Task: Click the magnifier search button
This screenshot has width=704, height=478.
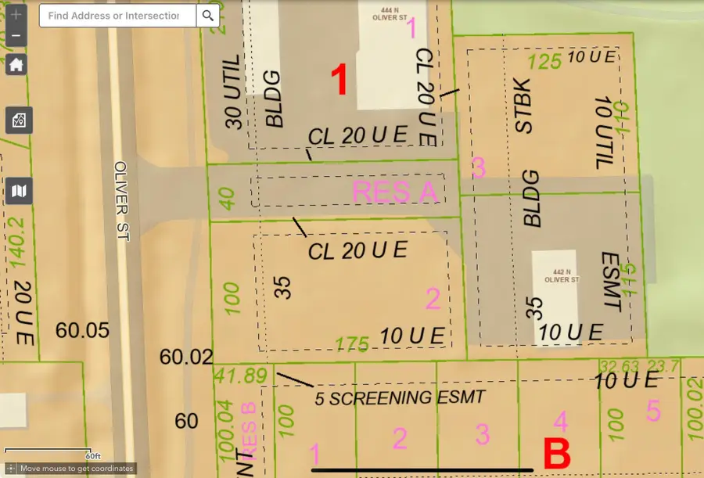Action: (x=207, y=16)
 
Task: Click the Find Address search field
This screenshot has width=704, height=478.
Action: (x=118, y=16)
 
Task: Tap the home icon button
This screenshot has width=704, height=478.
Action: (x=16, y=64)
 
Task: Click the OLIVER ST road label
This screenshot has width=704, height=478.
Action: (x=120, y=201)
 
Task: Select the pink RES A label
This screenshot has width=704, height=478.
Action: (x=396, y=192)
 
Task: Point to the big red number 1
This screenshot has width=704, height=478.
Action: (x=339, y=81)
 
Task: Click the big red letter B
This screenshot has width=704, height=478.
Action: (x=556, y=455)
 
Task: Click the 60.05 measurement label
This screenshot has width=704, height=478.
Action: (x=82, y=330)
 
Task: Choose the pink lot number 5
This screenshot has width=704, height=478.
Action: (x=654, y=411)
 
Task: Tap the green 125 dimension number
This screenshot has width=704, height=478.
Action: (x=545, y=61)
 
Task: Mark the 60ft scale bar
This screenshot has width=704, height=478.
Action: (x=48, y=451)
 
